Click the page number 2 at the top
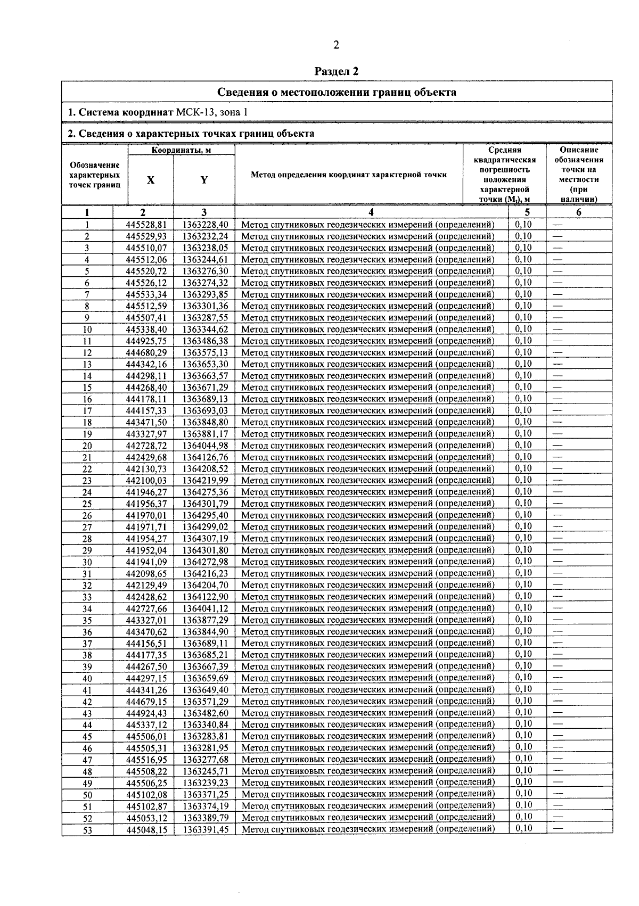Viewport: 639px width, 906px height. (x=336, y=45)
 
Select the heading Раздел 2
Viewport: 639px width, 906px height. (x=337, y=71)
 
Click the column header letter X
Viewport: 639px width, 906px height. (x=151, y=180)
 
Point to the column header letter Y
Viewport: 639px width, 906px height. (x=204, y=180)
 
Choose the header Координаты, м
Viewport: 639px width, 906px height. (x=181, y=150)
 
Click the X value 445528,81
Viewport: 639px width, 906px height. (x=146, y=225)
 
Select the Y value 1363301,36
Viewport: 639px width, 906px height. (x=205, y=306)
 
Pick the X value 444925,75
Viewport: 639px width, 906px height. (x=146, y=341)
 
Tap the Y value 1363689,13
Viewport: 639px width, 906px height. (x=205, y=399)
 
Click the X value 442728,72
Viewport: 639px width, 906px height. (x=146, y=446)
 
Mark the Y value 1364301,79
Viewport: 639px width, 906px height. (x=205, y=504)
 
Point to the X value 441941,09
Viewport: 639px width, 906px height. (x=146, y=562)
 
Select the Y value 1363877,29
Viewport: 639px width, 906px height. (x=205, y=620)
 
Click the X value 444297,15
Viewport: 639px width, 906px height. (x=146, y=678)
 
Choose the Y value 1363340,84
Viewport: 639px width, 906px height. (x=205, y=724)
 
